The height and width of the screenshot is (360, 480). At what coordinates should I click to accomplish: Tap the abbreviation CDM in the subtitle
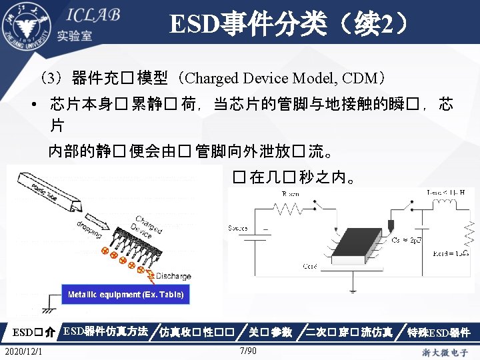(360, 78)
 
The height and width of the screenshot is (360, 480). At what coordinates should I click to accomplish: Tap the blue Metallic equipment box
(126, 294)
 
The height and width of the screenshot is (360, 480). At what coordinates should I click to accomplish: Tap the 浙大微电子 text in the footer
(445, 351)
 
